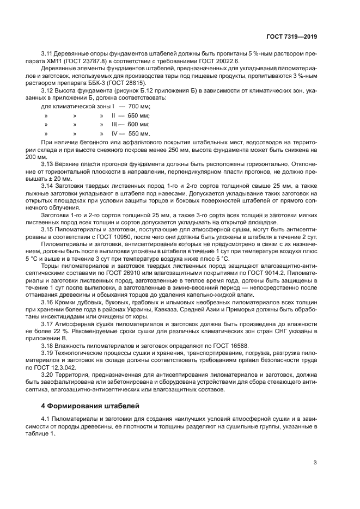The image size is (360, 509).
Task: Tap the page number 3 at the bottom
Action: point(315,463)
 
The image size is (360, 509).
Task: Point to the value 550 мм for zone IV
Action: point(138,134)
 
